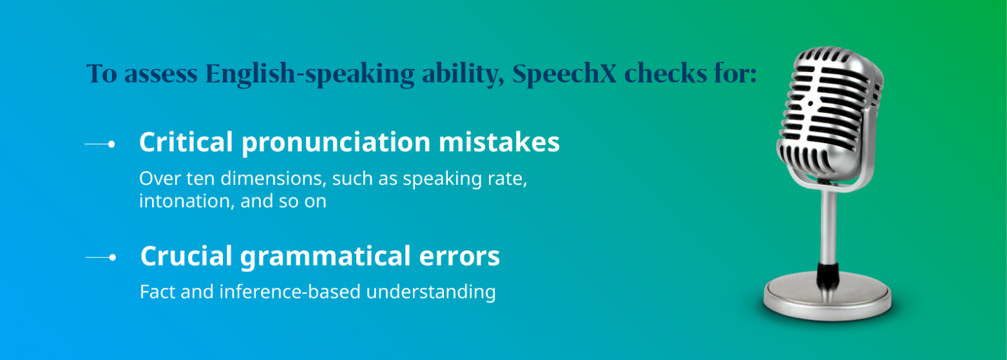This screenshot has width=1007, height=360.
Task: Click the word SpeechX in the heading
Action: (564, 73)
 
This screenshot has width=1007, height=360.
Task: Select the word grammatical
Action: (322, 257)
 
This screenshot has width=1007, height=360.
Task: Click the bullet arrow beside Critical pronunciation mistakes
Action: (100, 144)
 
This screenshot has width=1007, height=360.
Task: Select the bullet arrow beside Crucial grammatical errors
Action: (101, 258)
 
